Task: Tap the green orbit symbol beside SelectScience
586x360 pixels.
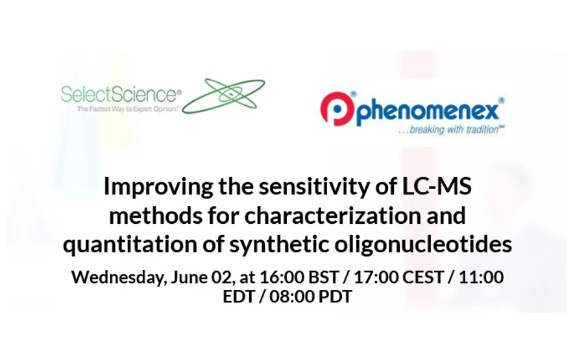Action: pos(224,96)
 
